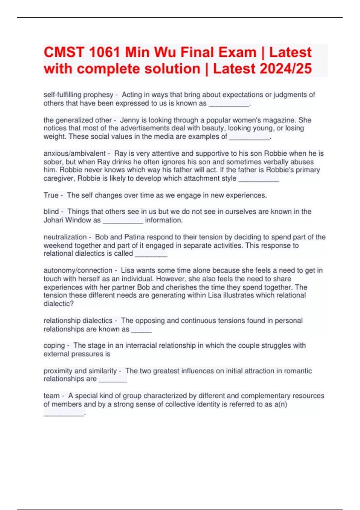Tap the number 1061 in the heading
pyautogui.click(x=105, y=52)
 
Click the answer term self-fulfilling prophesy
pyautogui.click(x=78, y=95)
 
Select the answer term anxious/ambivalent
pyautogui.click(x=74, y=154)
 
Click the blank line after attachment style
pyautogui.click(x=258, y=179)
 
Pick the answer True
pyautogui.click(x=51, y=195)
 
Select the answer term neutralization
pyautogui.click(x=65, y=237)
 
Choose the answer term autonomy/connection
pyautogui.click(x=78, y=270)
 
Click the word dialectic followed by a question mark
pyautogui.click(x=57, y=304)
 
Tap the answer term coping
pyautogui.click(x=54, y=346)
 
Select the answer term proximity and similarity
pyautogui.click(x=80, y=371)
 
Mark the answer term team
pyautogui.click(x=51, y=396)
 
